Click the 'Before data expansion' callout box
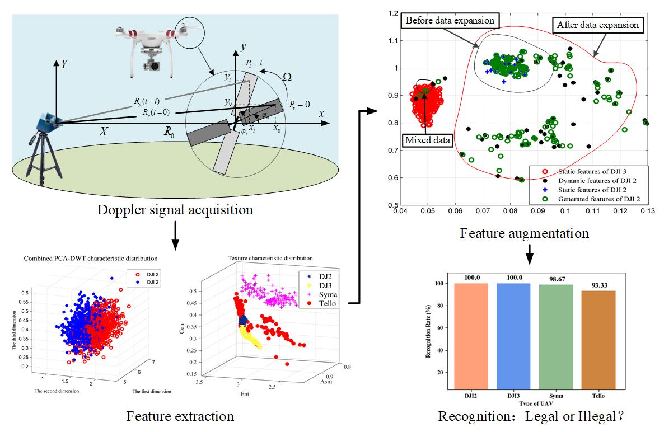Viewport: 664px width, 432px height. [x=450, y=21]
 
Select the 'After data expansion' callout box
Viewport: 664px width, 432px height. [x=597, y=25]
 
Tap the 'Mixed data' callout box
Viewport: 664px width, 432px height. [x=427, y=140]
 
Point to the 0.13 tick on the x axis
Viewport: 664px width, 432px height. [x=648, y=210]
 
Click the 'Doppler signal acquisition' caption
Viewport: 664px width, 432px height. [x=175, y=210]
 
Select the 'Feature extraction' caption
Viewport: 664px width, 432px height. [x=180, y=416]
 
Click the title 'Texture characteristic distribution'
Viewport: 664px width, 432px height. [x=270, y=258]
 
